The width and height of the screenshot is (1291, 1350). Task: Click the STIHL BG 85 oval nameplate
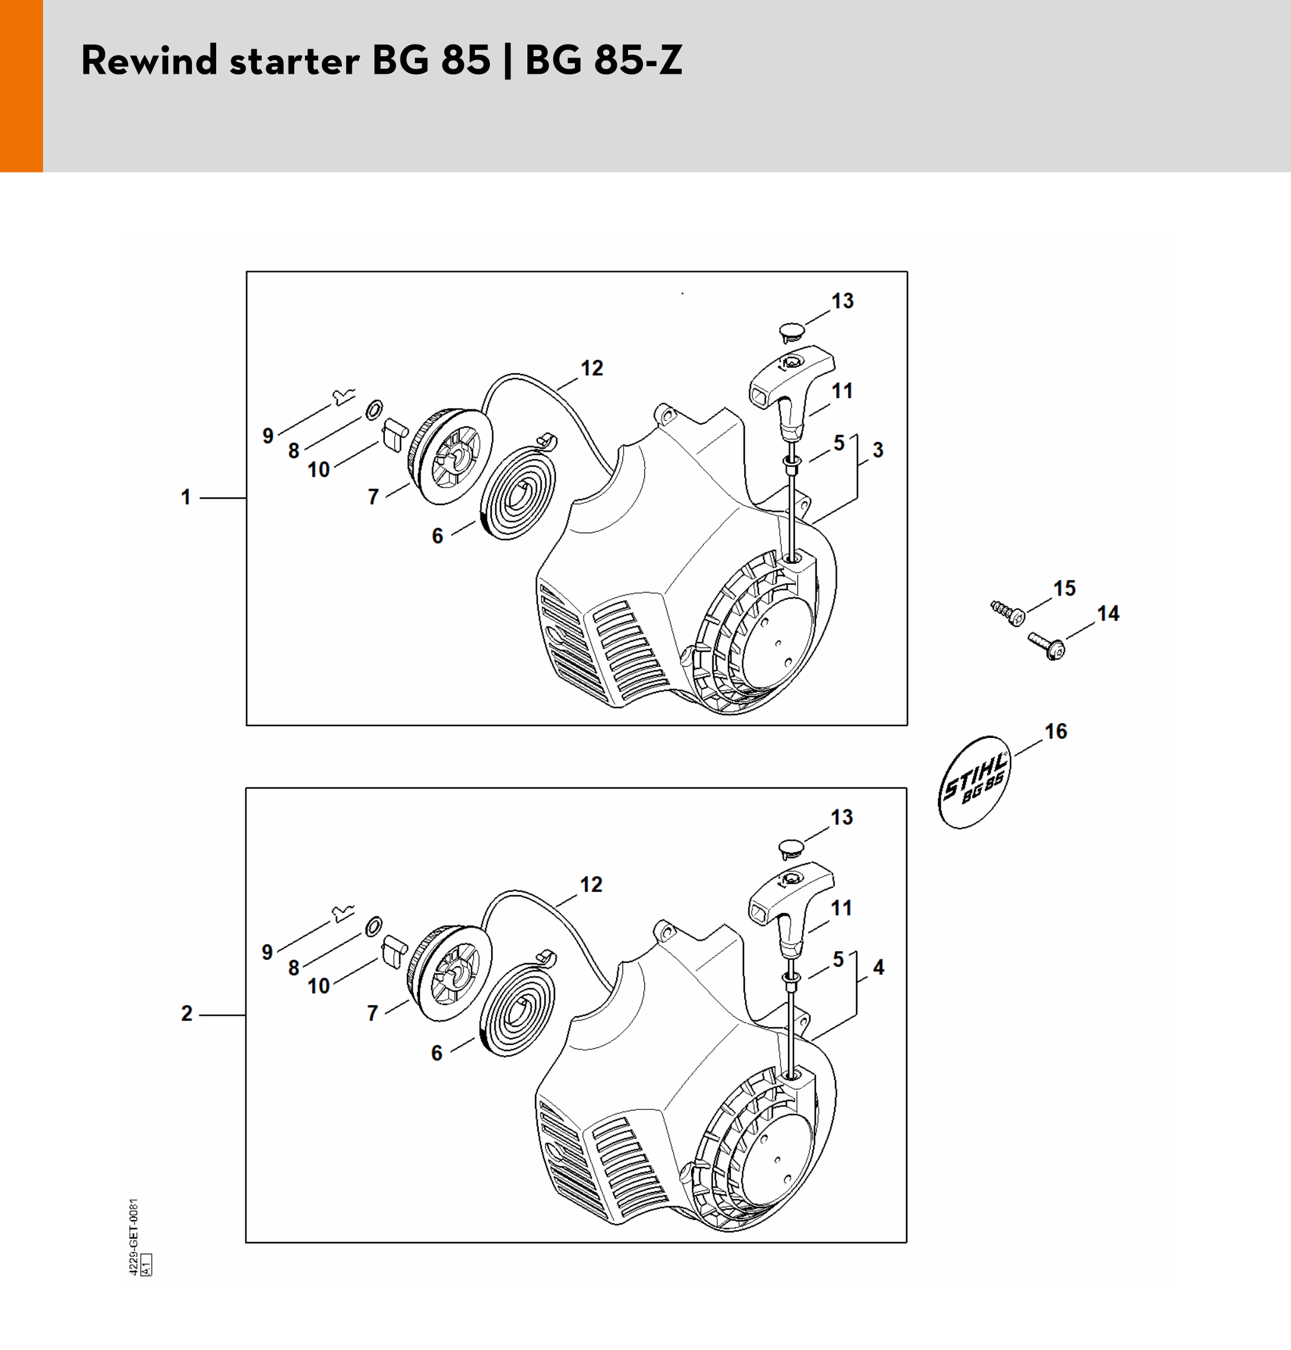pyautogui.click(x=974, y=782)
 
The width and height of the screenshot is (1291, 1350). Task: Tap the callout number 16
pyautogui.click(x=1055, y=731)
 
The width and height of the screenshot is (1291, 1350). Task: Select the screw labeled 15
pyautogui.click(x=1008, y=612)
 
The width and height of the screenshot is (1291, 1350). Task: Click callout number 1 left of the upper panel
pyautogui.click(x=186, y=497)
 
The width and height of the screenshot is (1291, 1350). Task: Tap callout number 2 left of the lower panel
pyautogui.click(x=186, y=1013)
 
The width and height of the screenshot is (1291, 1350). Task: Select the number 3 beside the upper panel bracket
pyautogui.click(x=878, y=450)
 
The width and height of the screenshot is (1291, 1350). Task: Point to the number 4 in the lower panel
pyautogui.click(x=879, y=967)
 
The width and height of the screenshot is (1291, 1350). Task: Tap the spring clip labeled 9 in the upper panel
pyautogui.click(x=344, y=396)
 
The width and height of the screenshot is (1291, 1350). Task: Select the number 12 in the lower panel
pyautogui.click(x=591, y=884)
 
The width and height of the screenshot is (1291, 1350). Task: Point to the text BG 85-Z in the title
pyautogui.click(x=604, y=60)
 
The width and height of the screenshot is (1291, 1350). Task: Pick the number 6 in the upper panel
pyautogui.click(x=437, y=536)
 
